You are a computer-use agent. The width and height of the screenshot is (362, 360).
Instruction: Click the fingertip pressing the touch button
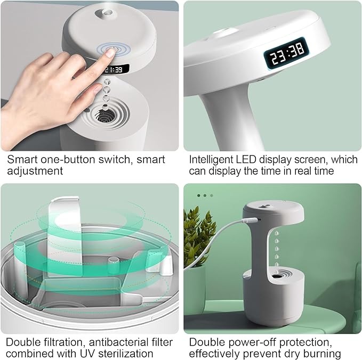tap(110, 51)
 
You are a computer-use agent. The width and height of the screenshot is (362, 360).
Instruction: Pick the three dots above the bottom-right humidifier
tap(204, 195)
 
